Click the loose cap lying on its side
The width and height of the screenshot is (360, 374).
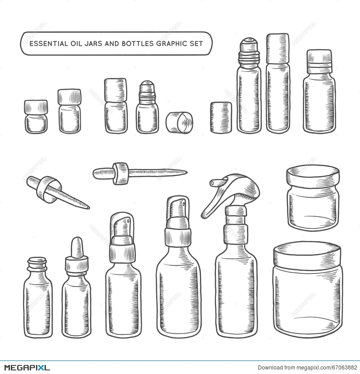(x=179, y=123)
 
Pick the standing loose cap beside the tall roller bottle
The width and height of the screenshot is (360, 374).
(x=221, y=117)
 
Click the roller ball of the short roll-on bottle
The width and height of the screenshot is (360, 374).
(x=147, y=86)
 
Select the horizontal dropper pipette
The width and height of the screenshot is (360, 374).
(x=139, y=172)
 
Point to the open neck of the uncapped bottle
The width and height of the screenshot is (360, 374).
(x=37, y=261)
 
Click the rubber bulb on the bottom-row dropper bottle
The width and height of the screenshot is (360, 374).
(x=76, y=247)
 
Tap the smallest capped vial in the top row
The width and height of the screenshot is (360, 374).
(x=36, y=117)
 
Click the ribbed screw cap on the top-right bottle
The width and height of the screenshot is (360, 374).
(x=319, y=62)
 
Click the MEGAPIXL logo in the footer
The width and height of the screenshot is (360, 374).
(x=25, y=367)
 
